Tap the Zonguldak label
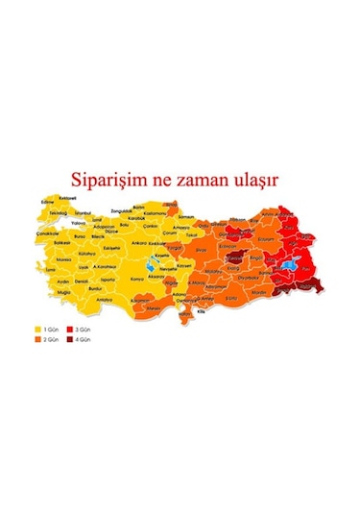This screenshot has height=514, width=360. [122, 209]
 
